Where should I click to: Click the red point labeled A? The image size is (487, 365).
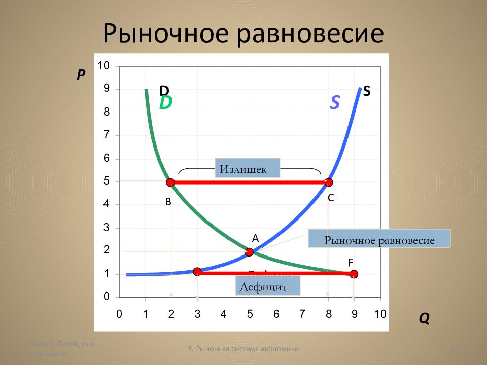tap(249, 252)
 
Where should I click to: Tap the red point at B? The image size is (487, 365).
tap(170, 182)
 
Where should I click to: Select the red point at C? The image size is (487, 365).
tap(329, 182)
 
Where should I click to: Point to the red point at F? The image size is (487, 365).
tap(354, 274)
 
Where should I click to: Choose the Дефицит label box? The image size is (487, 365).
tap(268, 287)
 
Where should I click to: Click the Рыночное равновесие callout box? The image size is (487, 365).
tap(379, 239)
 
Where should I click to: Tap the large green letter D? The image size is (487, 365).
tap(166, 103)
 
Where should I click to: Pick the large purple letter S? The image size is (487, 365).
tap(335, 103)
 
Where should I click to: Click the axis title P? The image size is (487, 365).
tap(81, 75)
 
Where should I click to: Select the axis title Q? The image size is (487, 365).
tap(424, 318)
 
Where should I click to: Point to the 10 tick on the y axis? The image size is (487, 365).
tap(103, 66)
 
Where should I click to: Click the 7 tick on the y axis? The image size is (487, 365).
tap(107, 135)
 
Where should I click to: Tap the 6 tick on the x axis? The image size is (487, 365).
tap(276, 314)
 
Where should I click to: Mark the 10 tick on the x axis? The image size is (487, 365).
tap(380, 314)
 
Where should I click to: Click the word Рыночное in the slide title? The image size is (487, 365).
tap(164, 33)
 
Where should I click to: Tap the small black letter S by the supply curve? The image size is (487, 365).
tap(367, 91)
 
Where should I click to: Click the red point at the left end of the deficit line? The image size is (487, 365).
tap(197, 272)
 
